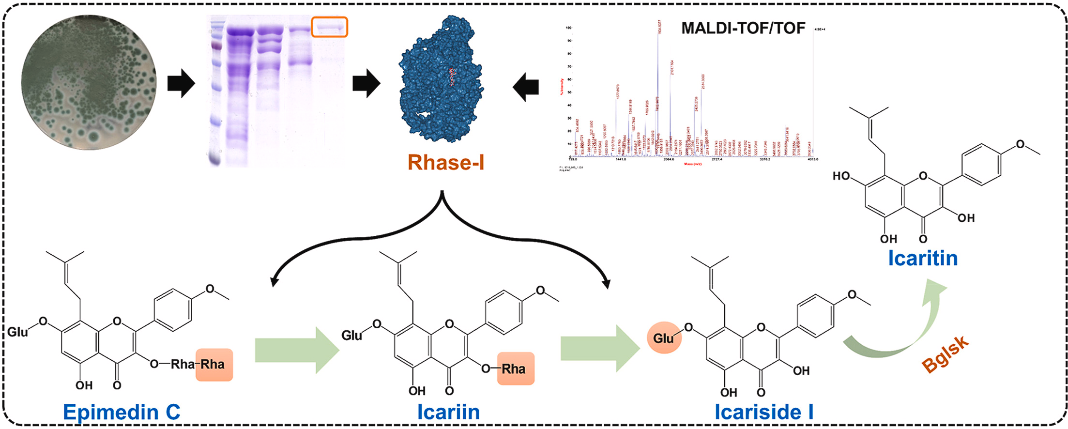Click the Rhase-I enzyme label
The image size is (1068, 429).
(x=445, y=163)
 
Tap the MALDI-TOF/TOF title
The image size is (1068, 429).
(x=743, y=28)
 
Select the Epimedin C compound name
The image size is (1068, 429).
(x=122, y=412)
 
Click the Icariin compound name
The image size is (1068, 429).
(x=448, y=412)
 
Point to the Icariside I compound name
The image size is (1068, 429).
(x=764, y=412)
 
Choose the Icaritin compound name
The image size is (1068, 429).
(x=922, y=258)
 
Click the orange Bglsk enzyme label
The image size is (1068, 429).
(x=945, y=354)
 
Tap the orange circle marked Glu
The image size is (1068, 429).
(x=664, y=337)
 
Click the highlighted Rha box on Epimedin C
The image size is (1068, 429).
(x=214, y=365)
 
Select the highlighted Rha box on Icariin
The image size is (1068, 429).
(x=515, y=369)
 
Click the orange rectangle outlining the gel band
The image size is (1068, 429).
(x=329, y=27)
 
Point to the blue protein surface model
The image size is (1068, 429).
(x=441, y=80)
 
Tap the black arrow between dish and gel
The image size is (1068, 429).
(x=181, y=83)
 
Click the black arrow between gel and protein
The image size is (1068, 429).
(x=366, y=83)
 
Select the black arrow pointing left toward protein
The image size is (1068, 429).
(x=526, y=87)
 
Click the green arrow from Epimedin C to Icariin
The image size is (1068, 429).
(x=296, y=350)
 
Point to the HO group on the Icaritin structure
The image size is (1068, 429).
(x=841, y=176)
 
